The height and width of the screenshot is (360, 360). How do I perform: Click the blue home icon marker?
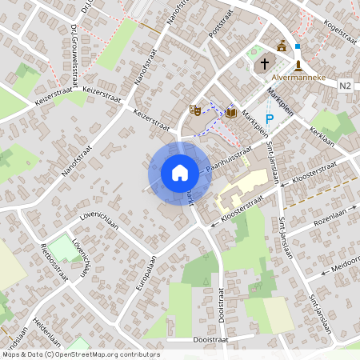[180, 173]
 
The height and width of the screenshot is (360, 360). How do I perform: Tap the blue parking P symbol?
[270, 120]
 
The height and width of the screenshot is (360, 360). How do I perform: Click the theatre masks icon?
[194, 110]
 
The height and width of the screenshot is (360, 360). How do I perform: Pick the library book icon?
[231, 113]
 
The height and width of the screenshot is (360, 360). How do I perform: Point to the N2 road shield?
[345, 86]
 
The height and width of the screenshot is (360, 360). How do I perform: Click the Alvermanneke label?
[298, 78]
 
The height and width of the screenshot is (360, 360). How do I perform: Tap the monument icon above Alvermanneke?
[298, 64]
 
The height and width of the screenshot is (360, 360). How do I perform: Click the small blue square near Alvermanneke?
[298, 47]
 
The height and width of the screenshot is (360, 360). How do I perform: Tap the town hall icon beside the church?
[281, 46]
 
